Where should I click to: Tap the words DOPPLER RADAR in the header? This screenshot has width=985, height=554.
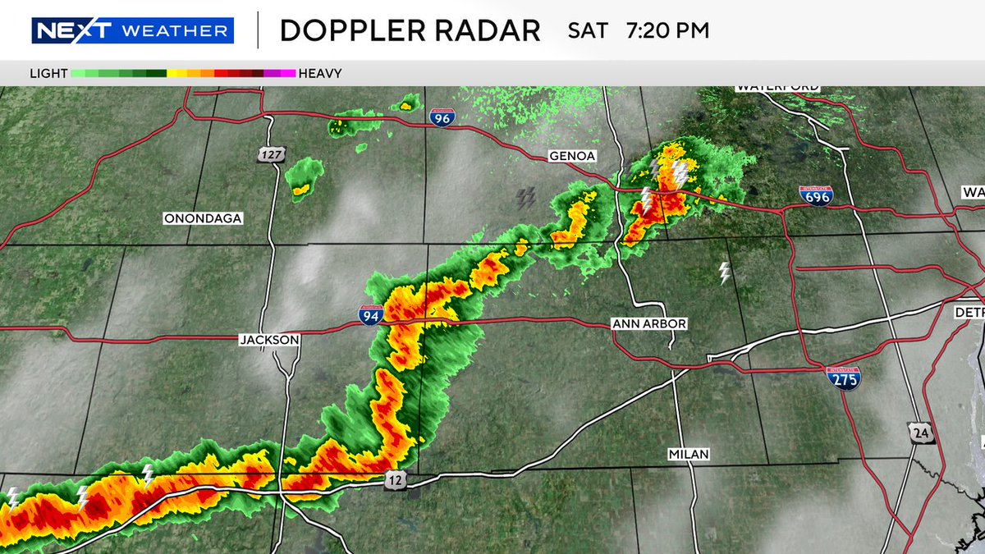coord(410,31)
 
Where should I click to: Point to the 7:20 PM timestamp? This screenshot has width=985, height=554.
coord(667,31)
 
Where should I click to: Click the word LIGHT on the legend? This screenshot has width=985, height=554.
coord(48,73)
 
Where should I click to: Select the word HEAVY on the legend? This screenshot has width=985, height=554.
coord(320,73)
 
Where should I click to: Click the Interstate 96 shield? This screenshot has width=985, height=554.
coord(442,117)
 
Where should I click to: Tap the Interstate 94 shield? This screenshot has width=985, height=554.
coord(370,314)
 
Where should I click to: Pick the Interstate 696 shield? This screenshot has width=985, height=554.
coord(816,195)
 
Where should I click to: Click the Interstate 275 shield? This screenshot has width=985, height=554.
coord(843,378)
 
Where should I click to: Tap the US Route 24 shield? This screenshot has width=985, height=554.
coord(917,432)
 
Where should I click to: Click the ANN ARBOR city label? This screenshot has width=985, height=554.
coord(649,324)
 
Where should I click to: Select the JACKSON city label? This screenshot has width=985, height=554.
coord(269,339)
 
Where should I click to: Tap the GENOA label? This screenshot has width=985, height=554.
coord(572,156)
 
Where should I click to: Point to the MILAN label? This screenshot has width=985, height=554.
coord(688,454)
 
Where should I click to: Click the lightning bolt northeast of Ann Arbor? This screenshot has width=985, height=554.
coord(724,273)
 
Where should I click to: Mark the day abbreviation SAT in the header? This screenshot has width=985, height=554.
coord(588,31)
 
